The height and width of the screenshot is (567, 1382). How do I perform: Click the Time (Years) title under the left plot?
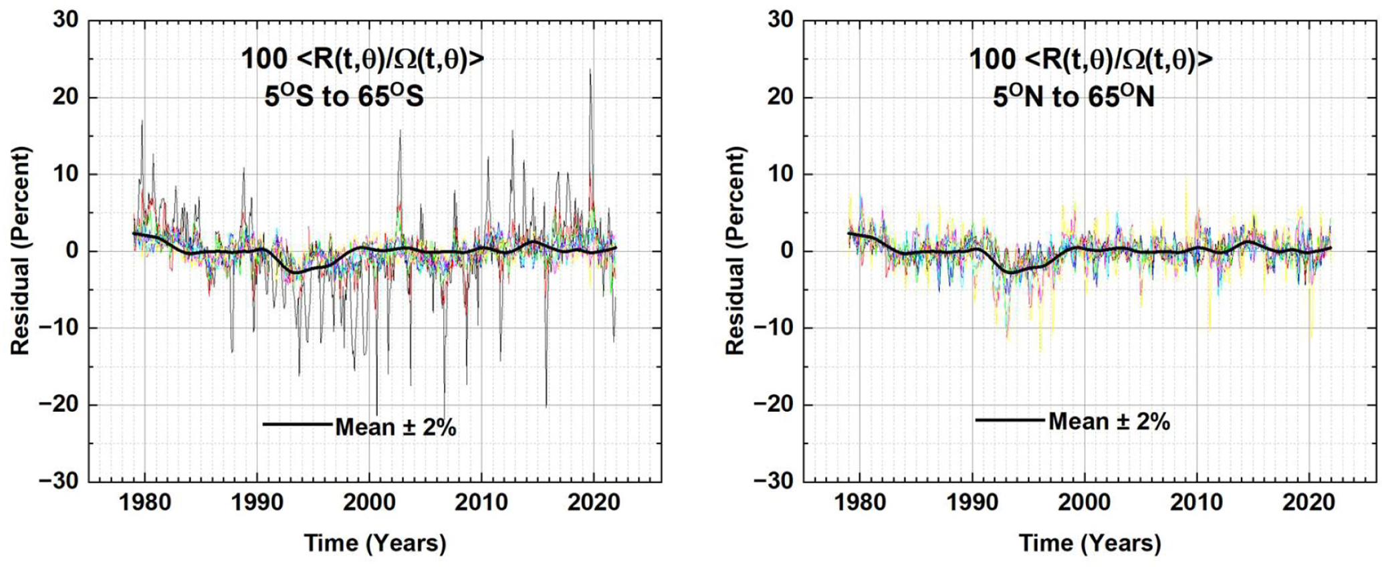[x=375, y=542]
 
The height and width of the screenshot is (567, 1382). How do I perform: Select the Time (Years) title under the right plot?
[x=1090, y=542]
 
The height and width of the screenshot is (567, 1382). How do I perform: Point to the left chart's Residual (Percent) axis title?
[x=20, y=251]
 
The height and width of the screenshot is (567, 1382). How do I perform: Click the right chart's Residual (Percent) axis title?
[x=735, y=251]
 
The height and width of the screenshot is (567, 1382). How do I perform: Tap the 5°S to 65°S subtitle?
[x=344, y=98]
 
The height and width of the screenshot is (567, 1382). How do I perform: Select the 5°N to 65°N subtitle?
[x=1073, y=98]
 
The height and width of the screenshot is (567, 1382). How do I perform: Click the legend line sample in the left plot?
[x=297, y=424]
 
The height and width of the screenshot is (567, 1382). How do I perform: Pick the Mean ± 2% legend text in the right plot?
[x=1109, y=421]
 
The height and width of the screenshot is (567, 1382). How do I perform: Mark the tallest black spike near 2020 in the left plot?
[x=590, y=70]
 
